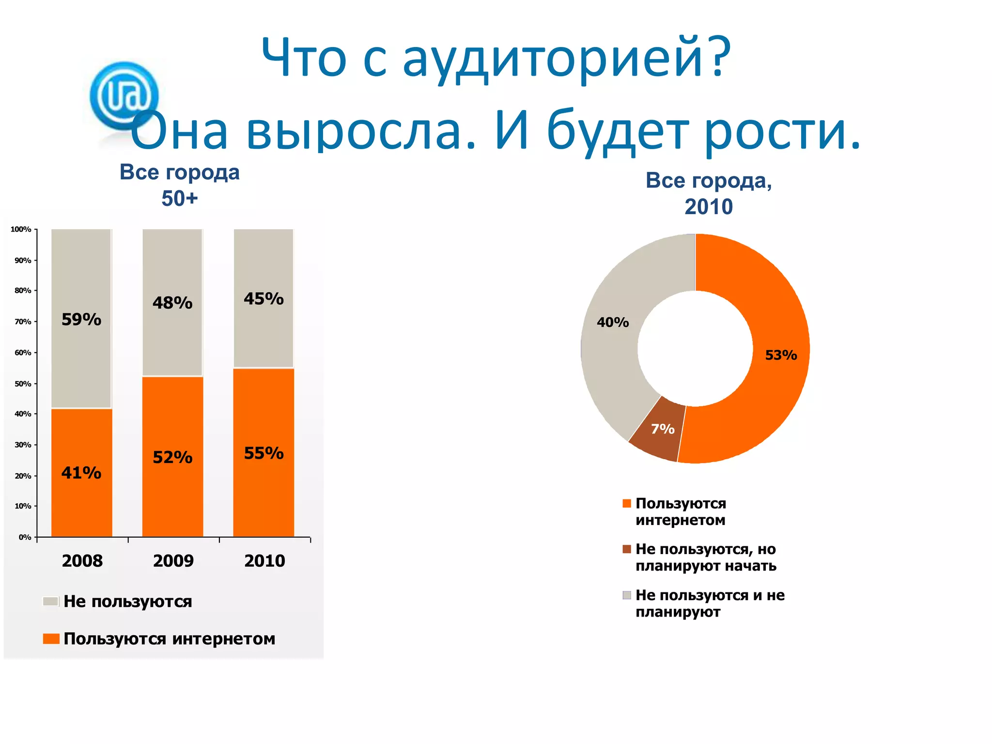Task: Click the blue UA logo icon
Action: click(124, 95)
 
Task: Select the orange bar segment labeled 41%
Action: click(81, 472)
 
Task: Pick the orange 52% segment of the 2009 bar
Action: click(172, 457)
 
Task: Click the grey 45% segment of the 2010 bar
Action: click(263, 298)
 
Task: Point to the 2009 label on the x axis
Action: click(173, 561)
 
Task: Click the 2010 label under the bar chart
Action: click(264, 561)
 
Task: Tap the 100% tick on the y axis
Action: click(21, 229)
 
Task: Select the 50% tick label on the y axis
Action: click(23, 384)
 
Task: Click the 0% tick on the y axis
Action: click(25, 537)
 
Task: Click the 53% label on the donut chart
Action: click(781, 355)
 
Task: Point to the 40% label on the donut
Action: click(613, 322)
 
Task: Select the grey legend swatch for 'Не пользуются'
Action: click(50, 602)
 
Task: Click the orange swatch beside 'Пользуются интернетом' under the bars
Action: click(50, 639)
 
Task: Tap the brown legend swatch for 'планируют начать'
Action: click(627, 549)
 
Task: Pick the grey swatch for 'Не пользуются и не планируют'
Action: click(627, 595)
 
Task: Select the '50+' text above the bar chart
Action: click(180, 199)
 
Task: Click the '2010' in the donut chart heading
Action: click(708, 207)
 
